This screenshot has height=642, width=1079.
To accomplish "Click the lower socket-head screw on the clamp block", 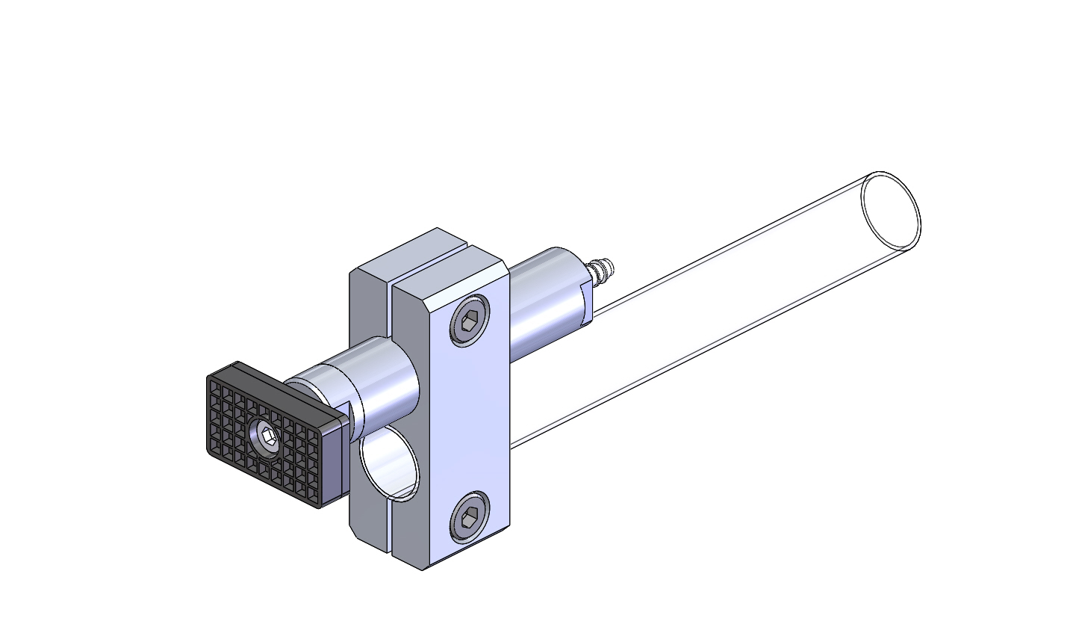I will tap(470, 516).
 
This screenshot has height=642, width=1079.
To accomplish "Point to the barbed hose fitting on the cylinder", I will tap(601, 271).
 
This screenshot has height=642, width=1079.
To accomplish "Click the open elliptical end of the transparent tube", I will tap(890, 212).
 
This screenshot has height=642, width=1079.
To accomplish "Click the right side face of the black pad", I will tap(334, 463).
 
